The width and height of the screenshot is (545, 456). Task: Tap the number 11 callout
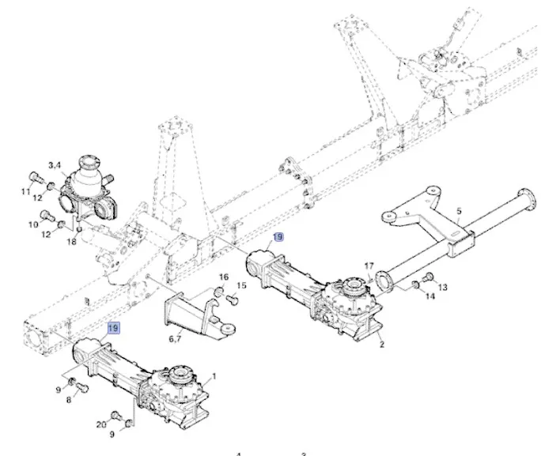tap(26, 192)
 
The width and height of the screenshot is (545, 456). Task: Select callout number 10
tap(33, 225)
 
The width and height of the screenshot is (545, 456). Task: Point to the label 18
tap(72, 243)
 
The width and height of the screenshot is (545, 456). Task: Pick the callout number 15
tap(242, 285)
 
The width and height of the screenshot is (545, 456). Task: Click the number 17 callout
tap(369, 266)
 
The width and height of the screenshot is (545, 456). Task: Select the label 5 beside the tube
tap(458, 211)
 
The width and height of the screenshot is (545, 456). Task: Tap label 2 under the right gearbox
tap(381, 345)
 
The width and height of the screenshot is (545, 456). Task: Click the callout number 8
tap(68, 401)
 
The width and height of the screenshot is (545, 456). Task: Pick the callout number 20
tap(100, 424)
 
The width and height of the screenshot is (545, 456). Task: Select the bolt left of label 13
tap(429, 277)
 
